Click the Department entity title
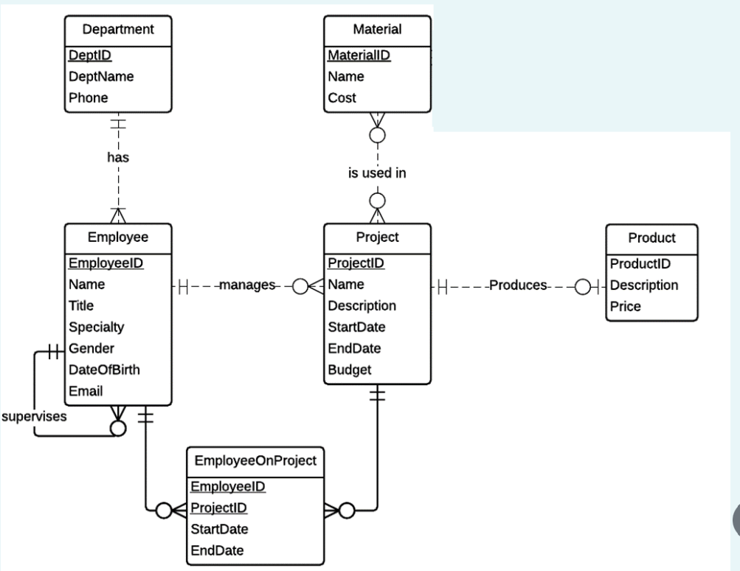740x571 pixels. coord(118,30)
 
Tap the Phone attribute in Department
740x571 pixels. coord(89,97)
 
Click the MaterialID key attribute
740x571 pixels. coord(359,55)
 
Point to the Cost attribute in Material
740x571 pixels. coord(342,97)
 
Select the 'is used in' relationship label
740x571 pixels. coord(377,174)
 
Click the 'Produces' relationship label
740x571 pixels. coord(519,285)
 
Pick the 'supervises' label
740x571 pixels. coord(34,416)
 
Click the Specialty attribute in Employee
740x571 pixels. coord(96,326)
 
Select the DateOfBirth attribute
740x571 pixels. coord(104,370)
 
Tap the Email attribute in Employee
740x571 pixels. coord(85,391)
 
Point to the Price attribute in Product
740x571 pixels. coord(625,305)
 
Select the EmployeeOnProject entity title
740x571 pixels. coord(255,460)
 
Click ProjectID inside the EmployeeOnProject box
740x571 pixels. coord(218,508)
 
